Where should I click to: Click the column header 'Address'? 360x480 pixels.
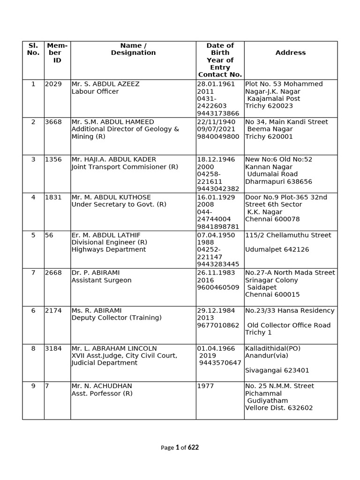[290, 53]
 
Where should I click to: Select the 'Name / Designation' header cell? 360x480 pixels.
[133, 49]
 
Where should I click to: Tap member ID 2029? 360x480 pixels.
[53, 84]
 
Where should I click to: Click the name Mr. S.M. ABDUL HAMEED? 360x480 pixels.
[112, 122]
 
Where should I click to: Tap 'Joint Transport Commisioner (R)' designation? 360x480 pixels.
[125, 167]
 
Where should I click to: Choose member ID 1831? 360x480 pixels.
[53, 197]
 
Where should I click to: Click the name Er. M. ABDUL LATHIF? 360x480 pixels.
[106, 235]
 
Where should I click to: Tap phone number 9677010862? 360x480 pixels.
[218, 325]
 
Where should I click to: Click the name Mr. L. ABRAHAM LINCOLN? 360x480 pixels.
[114, 348]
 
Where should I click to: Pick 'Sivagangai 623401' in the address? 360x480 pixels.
[277, 370]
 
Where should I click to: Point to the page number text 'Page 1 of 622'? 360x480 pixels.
[180, 448]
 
